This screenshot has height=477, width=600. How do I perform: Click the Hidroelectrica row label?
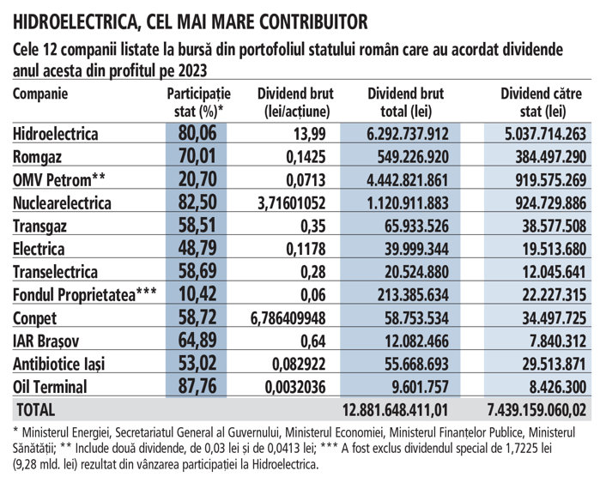[57, 134]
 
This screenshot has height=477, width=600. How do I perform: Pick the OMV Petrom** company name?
[58, 180]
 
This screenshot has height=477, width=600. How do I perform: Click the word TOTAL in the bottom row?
[34, 410]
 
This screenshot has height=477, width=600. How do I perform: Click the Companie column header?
[40, 94]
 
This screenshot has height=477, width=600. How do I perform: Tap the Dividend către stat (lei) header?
[543, 101]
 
